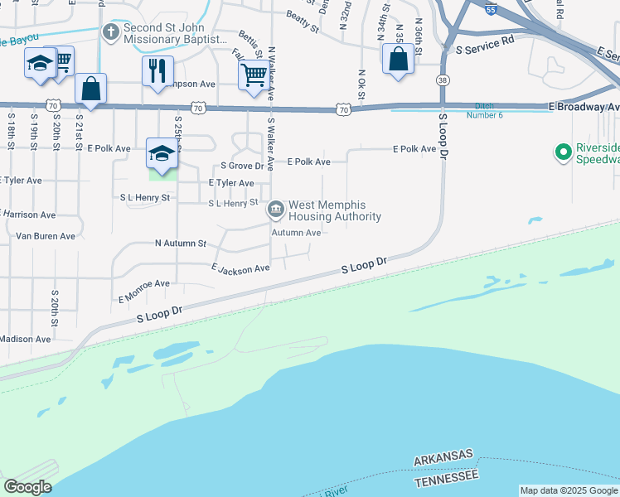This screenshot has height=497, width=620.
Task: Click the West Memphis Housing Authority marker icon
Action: tap(275, 210)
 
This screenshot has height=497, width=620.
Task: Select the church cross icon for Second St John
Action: tap(110, 32)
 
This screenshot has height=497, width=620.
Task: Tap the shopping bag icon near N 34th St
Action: tap(399, 60)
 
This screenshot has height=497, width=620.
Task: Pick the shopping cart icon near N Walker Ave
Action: tap(254, 75)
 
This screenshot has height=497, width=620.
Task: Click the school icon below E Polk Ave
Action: tap(162, 153)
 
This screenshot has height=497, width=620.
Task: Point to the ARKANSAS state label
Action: tap(444, 456)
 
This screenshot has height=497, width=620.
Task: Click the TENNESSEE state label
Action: tap(446, 477)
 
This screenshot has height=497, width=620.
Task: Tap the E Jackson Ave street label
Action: tap(240, 268)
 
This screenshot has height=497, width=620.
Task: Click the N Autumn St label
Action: tap(180, 244)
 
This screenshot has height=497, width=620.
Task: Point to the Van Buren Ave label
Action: tap(46, 236)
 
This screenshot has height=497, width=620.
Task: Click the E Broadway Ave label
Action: tap(584, 107)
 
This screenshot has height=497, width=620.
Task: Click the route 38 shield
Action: tap(443, 80)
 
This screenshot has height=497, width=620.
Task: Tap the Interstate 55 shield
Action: tap(492, 9)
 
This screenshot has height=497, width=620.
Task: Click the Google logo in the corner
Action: tap(27, 487)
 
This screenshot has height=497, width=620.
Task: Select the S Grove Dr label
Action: tap(241, 166)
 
